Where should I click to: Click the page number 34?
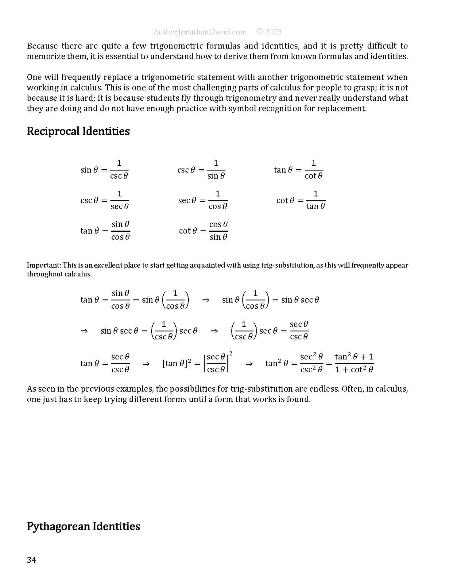click(x=32, y=560)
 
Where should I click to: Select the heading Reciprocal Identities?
click(x=78, y=131)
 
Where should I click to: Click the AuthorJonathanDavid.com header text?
click(x=200, y=32)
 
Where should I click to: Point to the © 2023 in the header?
click(x=269, y=32)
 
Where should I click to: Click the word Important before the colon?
click(x=43, y=265)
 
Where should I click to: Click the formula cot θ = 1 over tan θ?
click(x=301, y=200)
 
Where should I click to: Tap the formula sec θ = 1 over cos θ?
click(x=203, y=200)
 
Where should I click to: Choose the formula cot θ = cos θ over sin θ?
click(x=203, y=231)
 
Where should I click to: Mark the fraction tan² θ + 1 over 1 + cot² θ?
click(x=354, y=363)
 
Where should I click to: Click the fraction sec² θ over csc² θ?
click(x=311, y=363)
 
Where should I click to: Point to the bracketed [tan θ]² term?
click(x=177, y=363)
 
